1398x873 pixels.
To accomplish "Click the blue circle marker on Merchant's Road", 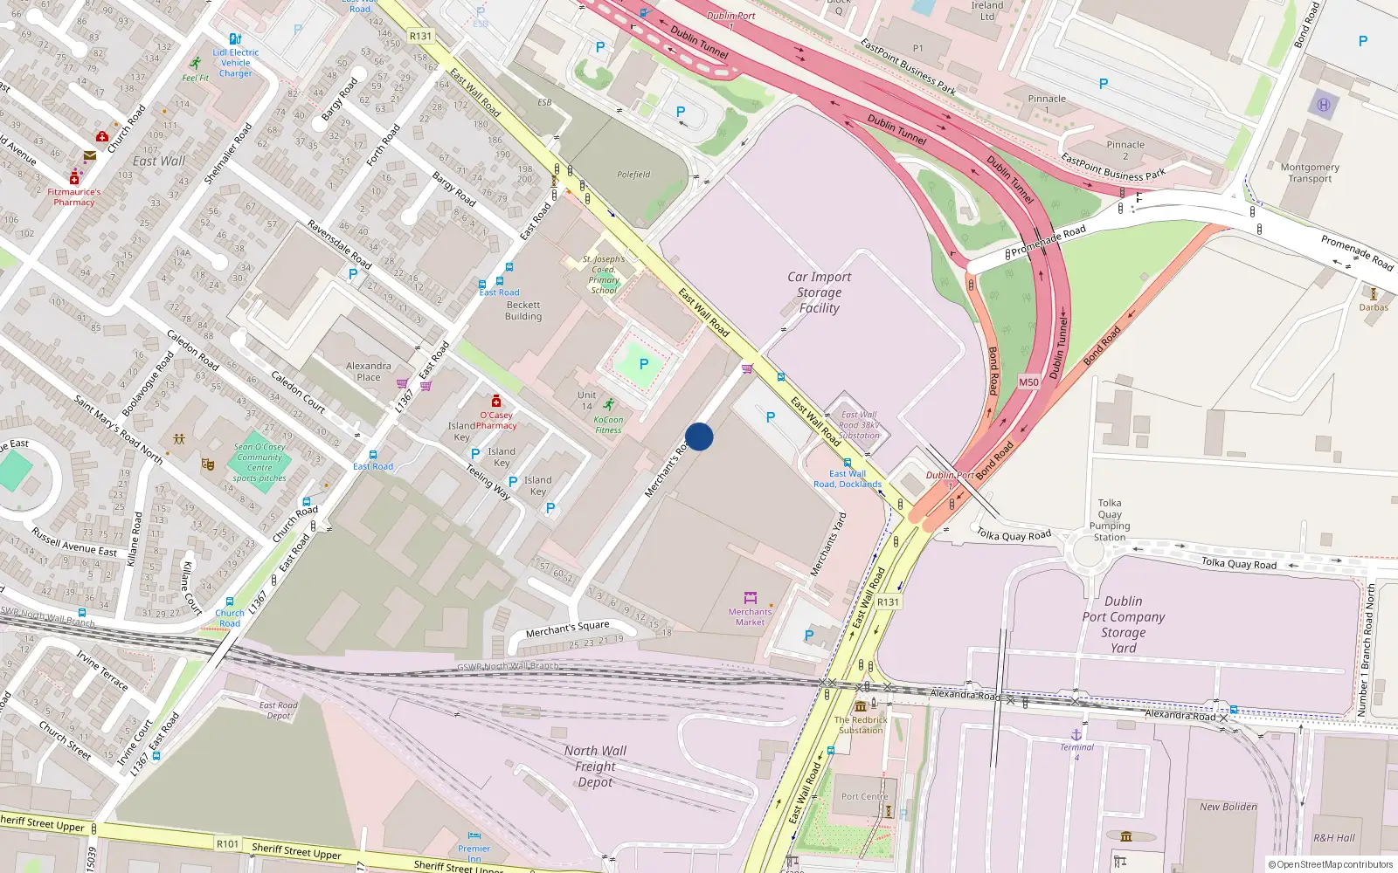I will tap(699, 436).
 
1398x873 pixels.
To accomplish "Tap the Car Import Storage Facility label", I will tap(819, 292).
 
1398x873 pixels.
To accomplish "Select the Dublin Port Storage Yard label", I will tap(1123, 624).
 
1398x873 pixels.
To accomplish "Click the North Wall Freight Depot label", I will tap(595, 766).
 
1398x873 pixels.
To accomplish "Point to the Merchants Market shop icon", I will tap(750, 598).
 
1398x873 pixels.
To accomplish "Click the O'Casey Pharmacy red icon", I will tap(496, 401).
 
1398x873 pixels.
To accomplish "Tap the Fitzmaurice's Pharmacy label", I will tap(74, 197).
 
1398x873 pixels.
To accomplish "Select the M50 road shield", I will tap(1028, 382).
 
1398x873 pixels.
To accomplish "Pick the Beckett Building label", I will tap(523, 311).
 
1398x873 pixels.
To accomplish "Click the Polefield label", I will tap(633, 175).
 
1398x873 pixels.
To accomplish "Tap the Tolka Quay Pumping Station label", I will tap(1110, 520).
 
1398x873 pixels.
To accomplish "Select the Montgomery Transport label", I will tap(1310, 173).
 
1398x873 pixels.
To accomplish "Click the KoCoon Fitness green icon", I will tap(608, 404).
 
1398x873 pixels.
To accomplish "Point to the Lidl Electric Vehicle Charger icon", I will tap(234, 39).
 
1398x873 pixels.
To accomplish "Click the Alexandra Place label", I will tap(369, 372).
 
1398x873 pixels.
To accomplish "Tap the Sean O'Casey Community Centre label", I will tap(260, 463).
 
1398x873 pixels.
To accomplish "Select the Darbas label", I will tap(1374, 307).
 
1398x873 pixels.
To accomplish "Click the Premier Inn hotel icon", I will tap(474, 836).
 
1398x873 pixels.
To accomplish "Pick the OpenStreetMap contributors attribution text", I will tap(1331, 865).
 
